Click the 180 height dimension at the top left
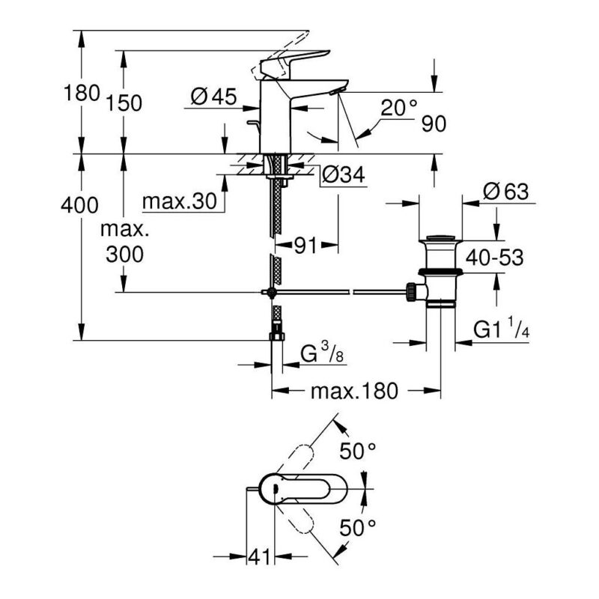tap(82, 93)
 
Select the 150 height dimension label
tap(124, 103)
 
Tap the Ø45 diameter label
tap(213, 97)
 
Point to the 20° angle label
tap(399, 107)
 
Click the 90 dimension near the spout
tap(434, 124)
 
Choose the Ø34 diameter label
tap(343, 174)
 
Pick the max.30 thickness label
tap(180, 201)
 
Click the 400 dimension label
tap(79, 205)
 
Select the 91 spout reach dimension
tap(305, 246)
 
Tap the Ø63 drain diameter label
tap(505, 191)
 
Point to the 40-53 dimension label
tap(494, 258)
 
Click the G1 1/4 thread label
tap(501, 328)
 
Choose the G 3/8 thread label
tap(322, 353)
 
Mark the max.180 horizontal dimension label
tap(354, 391)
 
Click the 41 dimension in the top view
tap(259, 556)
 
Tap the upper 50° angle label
tap(358, 451)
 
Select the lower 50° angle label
tap(358, 529)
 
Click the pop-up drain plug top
tap(441, 239)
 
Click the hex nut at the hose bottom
tap(277, 336)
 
